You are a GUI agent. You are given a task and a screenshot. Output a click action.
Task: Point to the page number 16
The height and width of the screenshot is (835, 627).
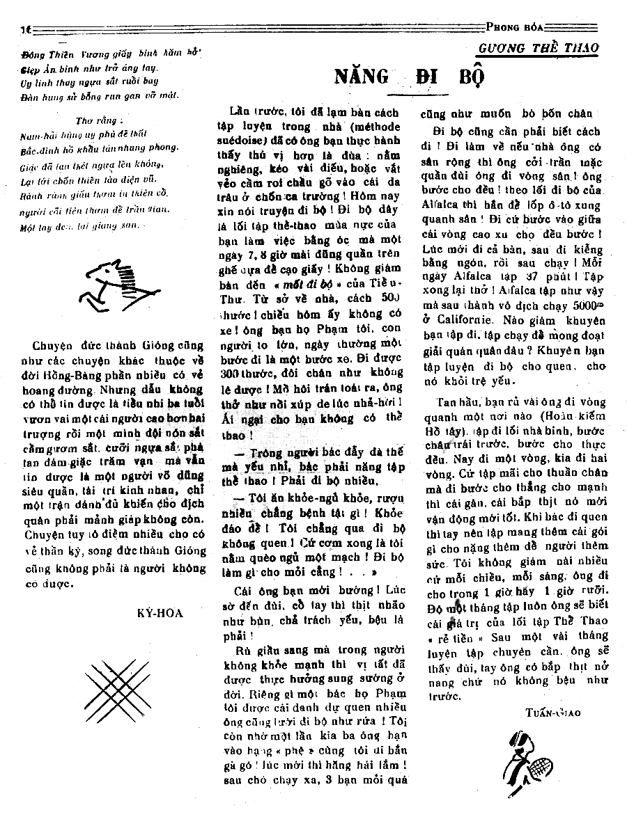[x=25, y=29]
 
